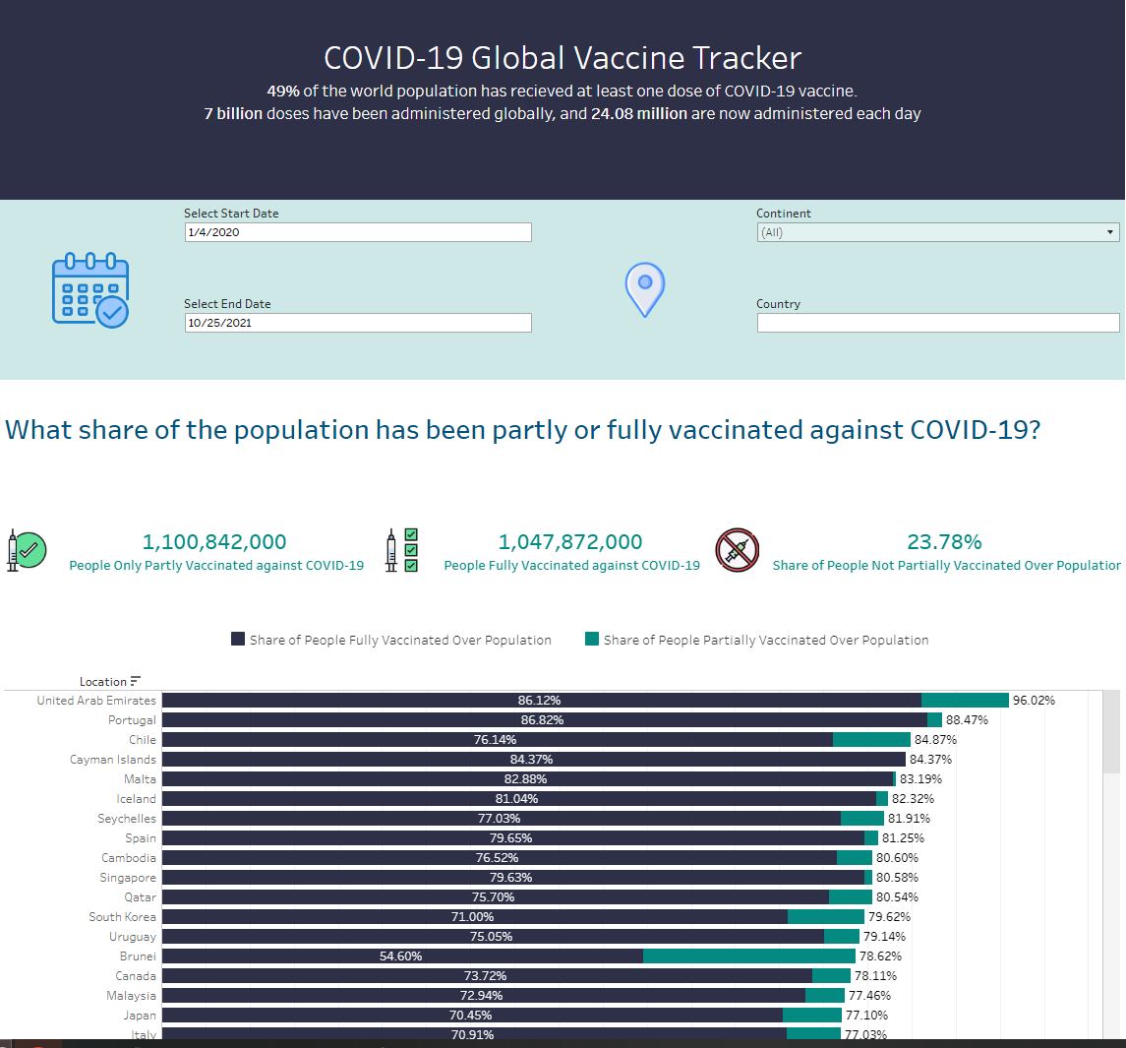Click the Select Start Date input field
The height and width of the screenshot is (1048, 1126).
pyautogui.click(x=358, y=232)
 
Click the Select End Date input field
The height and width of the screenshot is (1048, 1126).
pyautogui.click(x=358, y=323)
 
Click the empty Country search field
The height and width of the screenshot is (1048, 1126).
pyautogui.click(x=937, y=323)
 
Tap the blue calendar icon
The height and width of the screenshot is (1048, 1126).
pyautogui.click(x=90, y=290)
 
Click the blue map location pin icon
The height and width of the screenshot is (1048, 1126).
pyautogui.click(x=645, y=289)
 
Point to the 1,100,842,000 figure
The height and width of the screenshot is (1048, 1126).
pyautogui.click(x=214, y=542)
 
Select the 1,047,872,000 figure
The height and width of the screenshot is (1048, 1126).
pyautogui.click(x=570, y=542)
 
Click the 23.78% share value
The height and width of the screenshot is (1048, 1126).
pyautogui.click(x=944, y=542)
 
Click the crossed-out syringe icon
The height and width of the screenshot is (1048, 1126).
pyautogui.click(x=737, y=550)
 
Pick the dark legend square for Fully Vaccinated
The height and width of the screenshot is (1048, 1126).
pyautogui.click(x=238, y=639)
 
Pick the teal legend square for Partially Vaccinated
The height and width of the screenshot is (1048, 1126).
pyautogui.click(x=592, y=639)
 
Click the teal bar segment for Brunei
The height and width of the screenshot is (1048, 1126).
pyautogui.click(x=749, y=956)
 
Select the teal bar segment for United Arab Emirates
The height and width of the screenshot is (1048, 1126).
pyautogui.click(x=965, y=701)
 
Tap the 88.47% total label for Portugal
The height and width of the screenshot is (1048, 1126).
pyautogui.click(x=967, y=720)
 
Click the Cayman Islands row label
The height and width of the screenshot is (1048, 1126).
pyautogui.click(x=113, y=760)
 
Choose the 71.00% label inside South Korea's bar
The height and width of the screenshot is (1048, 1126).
pyautogui.click(x=472, y=917)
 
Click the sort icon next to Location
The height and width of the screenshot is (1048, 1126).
pyautogui.click(x=136, y=681)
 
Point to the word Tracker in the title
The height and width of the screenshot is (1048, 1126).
pyautogui.click(x=746, y=58)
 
